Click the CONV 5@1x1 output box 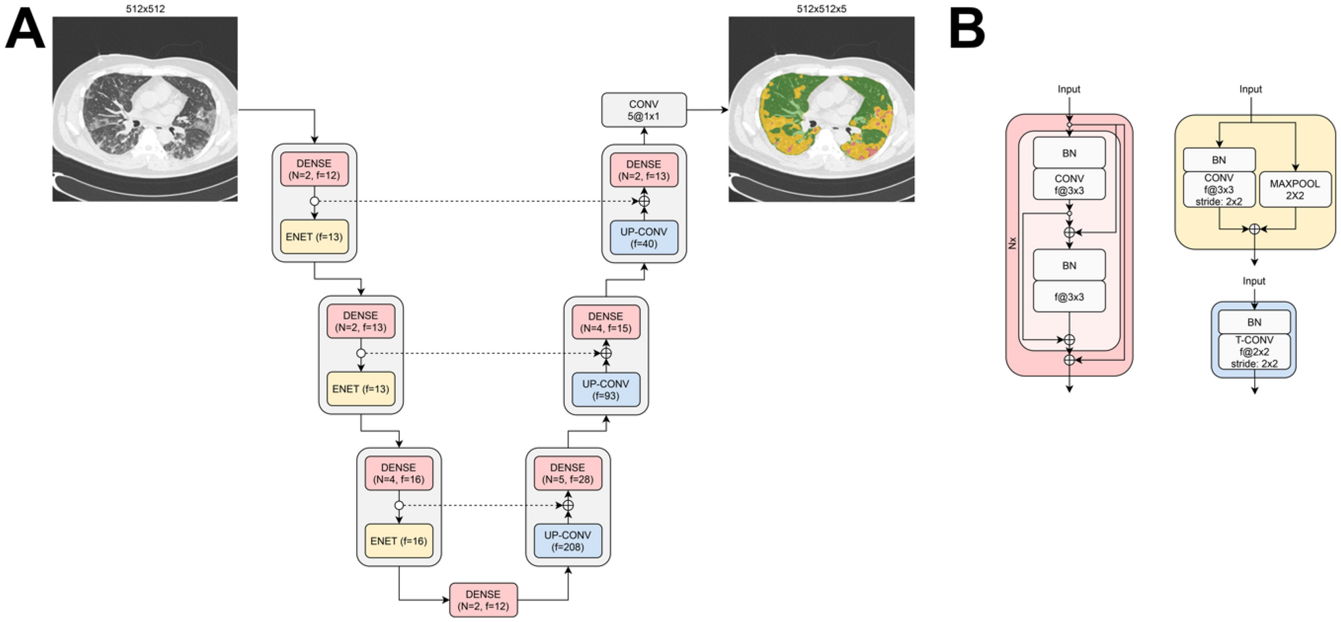(644, 110)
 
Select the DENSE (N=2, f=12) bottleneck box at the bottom (483, 600)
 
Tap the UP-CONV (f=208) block (568, 541)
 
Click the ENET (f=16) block (398, 541)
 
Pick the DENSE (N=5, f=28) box (568, 474)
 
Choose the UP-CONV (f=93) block (606, 390)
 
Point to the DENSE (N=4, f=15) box (606, 322)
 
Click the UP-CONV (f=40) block (644, 237)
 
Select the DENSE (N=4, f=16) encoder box (398, 474)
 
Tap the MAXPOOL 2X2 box (1294, 189)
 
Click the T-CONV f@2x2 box (1254, 352)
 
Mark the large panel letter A (25, 30)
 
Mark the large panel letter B (967, 30)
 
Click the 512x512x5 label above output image (821, 9)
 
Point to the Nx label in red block (1012, 243)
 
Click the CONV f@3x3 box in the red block (1069, 185)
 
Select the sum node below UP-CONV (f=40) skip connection (644, 201)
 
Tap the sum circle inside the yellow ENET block (1254, 229)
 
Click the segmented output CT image (821, 109)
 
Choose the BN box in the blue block (1254, 322)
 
